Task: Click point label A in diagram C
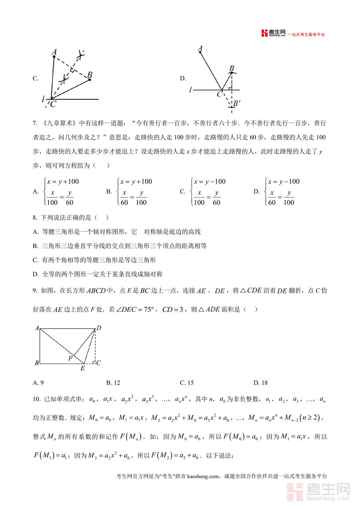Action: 54,52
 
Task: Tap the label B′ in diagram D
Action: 237,104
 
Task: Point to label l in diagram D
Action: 191,90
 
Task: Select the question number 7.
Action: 35,123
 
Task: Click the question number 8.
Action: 35,217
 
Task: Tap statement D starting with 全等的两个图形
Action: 102,274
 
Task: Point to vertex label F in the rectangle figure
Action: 70,358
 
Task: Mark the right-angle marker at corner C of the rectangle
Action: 93,362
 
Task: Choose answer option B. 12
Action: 113,383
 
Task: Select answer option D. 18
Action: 261,383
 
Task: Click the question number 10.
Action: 36,399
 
